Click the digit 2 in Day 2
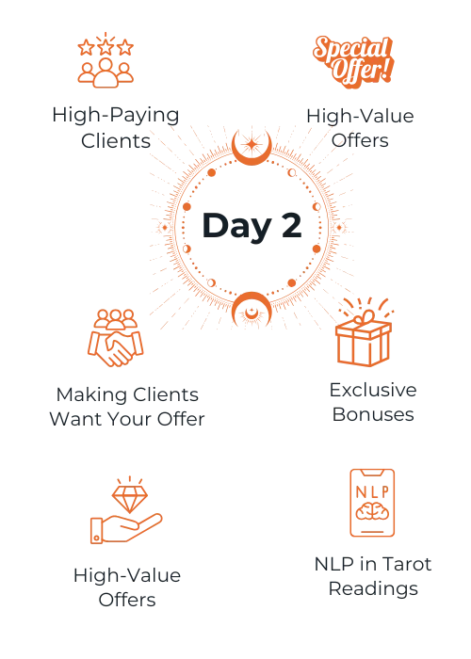(291, 225)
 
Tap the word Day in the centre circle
(237, 227)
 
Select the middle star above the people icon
(106, 47)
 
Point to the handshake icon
(116, 338)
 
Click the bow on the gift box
(365, 317)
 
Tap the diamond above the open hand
(130, 499)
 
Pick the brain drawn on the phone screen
(373, 511)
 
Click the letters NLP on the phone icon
(373, 491)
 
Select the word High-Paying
(116, 115)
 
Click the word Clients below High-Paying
(116, 141)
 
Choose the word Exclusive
(373, 390)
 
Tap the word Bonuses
(373, 414)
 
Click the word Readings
(373, 589)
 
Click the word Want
(75, 419)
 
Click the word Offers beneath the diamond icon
(127, 600)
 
